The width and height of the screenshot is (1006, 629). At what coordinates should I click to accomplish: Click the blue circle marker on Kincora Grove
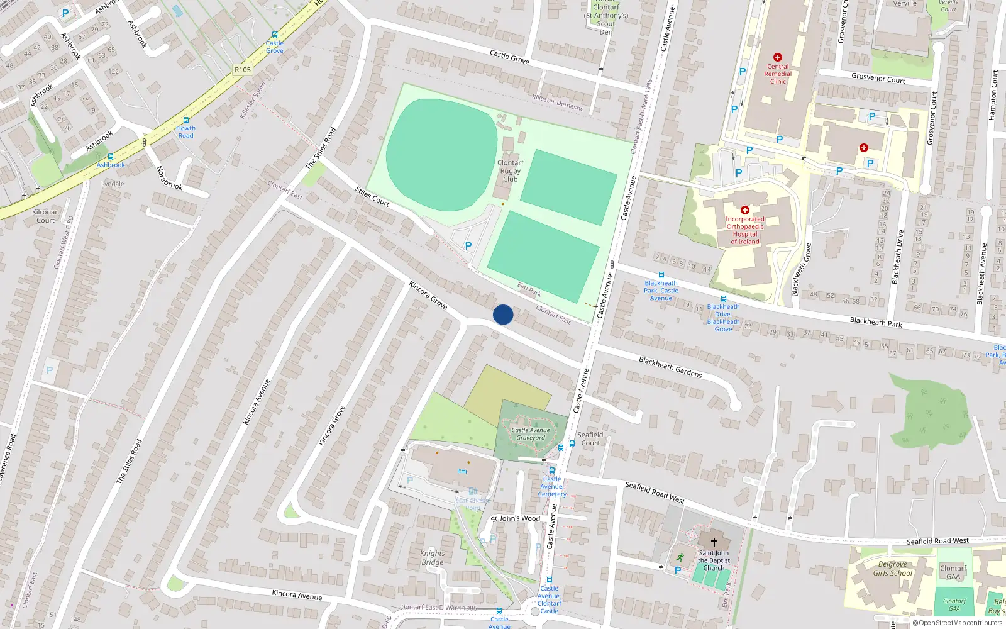coord(503,314)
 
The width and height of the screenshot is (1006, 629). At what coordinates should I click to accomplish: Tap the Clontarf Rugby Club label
coord(510,170)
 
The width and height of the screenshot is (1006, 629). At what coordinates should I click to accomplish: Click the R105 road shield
coord(242,70)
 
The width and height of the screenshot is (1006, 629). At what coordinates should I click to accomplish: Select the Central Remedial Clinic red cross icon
coord(778,57)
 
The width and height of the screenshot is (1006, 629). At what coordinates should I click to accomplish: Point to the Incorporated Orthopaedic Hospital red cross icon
coord(745,210)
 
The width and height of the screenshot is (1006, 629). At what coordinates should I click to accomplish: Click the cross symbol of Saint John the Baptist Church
coord(714,542)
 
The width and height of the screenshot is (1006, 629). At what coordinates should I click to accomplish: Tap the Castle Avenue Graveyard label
coord(531,434)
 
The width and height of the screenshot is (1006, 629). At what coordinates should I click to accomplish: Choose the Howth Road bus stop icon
coord(185,120)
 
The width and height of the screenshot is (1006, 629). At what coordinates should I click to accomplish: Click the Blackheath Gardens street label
coord(670,367)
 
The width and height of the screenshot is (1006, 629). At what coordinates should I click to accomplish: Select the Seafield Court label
coord(590,438)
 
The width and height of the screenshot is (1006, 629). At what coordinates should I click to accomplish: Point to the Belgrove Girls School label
coord(892,569)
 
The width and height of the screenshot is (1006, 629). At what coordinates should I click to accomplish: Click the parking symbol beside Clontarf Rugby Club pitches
coord(468,246)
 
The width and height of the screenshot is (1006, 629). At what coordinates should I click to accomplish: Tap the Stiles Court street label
coord(372,196)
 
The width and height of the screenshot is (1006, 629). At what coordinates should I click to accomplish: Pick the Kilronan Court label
coord(45,216)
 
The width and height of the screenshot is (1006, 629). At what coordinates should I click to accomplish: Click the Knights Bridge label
coord(433,558)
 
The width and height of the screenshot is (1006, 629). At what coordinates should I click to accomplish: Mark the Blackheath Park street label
coord(875,322)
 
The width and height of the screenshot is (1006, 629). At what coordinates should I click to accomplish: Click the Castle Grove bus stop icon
coord(275,35)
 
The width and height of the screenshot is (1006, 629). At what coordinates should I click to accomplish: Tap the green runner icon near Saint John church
coord(680,557)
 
